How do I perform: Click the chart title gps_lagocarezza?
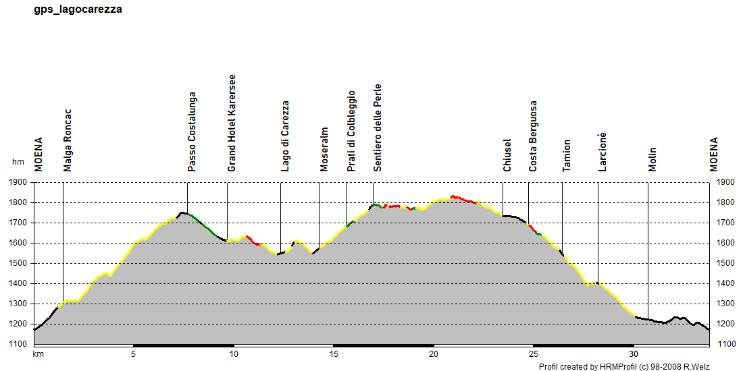tap(78, 10)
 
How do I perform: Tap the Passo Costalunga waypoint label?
tap(193, 132)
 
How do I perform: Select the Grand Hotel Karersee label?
tap(232, 123)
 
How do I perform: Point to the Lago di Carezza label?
tap(285, 137)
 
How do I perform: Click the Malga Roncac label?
tap(67, 140)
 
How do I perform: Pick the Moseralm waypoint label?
tap(324, 150)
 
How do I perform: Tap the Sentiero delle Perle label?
tap(378, 128)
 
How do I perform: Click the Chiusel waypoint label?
tap(507, 156)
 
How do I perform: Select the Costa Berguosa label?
tap(533, 137)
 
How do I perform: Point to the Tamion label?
tap(567, 156)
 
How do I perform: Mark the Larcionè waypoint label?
tap(603, 152)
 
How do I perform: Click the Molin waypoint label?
tap(652, 160)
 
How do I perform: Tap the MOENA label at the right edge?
tap(713, 154)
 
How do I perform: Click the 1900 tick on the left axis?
tap(18, 182)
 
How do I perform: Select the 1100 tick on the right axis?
tap(724, 344)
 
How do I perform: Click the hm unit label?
tap(18, 163)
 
